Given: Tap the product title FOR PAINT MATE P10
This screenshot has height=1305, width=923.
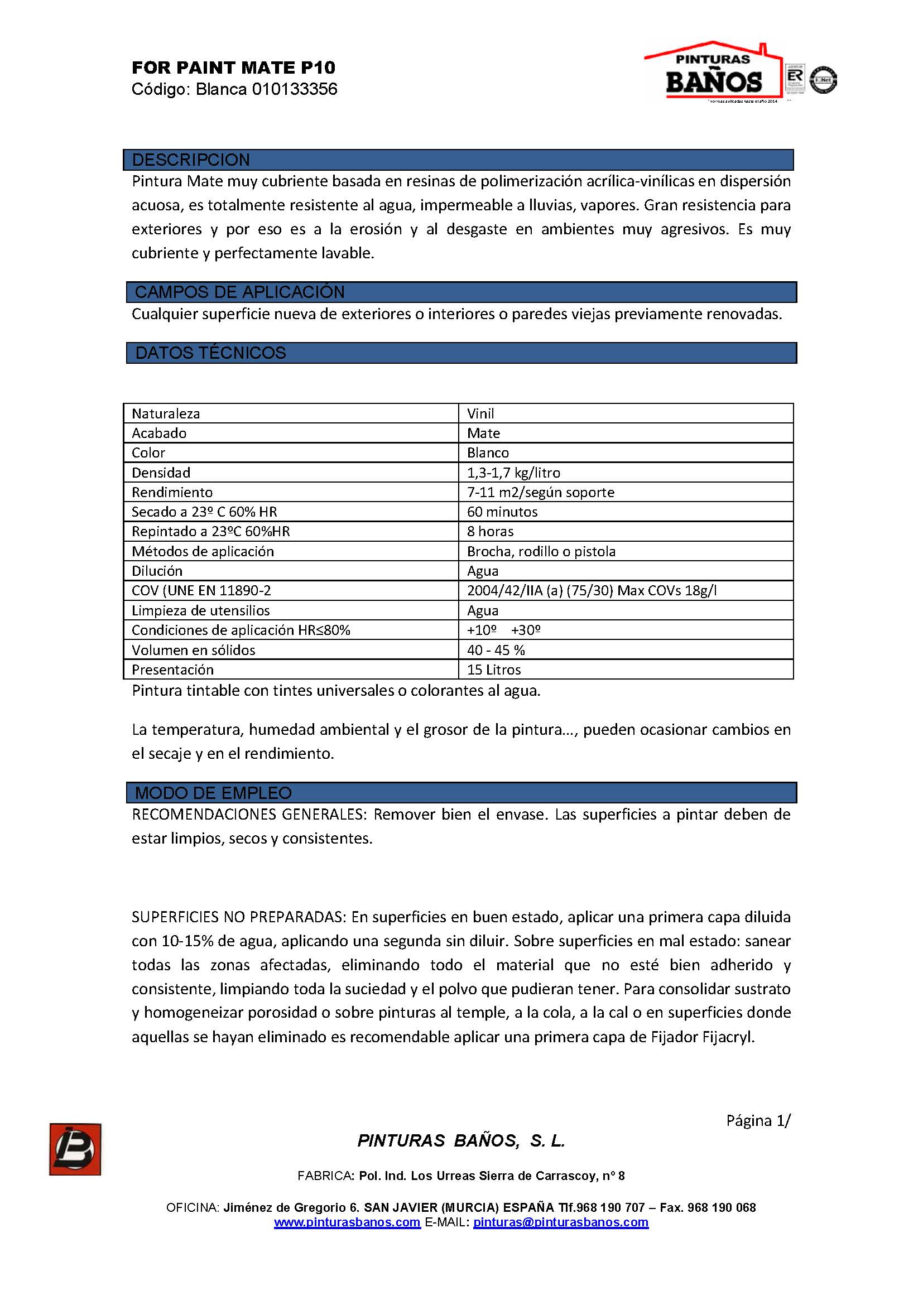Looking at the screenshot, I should [234, 68].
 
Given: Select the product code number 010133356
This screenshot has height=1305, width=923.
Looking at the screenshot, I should [295, 89].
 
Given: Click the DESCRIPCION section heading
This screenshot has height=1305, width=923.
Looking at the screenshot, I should [191, 160].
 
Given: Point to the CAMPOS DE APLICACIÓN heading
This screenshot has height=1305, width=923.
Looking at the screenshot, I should [239, 292].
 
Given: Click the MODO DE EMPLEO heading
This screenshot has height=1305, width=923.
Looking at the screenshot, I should [213, 792].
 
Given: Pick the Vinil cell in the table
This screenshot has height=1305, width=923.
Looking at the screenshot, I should [481, 413].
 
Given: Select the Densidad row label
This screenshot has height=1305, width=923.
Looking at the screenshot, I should [161, 473].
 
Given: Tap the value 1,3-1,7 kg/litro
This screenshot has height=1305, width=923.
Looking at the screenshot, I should [513, 473].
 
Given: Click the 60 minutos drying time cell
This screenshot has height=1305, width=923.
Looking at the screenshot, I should [502, 512].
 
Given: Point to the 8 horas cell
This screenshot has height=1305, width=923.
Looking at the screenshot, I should [490, 532].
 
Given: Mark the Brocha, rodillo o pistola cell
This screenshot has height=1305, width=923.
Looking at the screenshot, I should [541, 551].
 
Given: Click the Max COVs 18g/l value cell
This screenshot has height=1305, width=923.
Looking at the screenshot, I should [592, 590].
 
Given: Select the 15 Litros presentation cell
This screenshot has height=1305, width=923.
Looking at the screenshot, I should [494, 670].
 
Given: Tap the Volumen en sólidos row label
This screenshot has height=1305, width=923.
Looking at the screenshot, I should [193, 649].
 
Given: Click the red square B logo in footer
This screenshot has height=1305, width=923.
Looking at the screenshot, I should [75, 1149].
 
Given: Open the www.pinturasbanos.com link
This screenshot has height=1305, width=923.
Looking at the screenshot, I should [347, 1222].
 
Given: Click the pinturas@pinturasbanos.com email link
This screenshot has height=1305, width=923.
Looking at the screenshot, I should [560, 1222].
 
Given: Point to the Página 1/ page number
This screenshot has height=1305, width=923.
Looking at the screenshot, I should [758, 1120].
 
